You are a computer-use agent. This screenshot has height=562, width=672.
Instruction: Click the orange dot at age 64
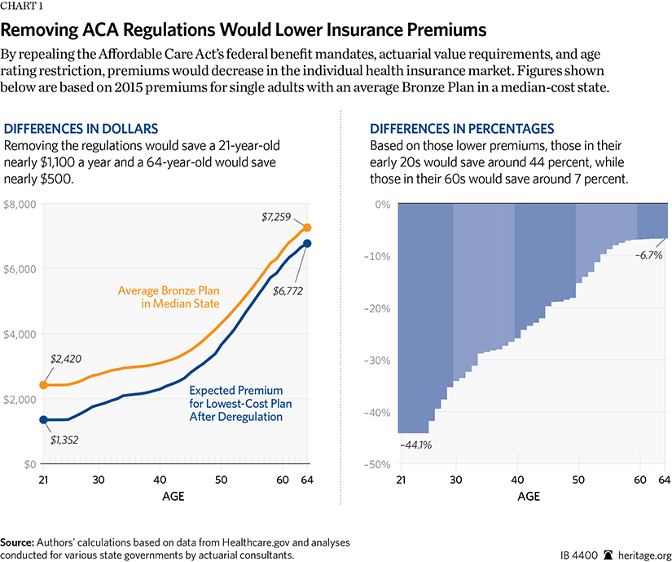306,228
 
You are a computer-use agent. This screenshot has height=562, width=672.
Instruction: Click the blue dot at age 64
306,243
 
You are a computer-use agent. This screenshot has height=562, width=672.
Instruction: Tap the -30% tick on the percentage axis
376,361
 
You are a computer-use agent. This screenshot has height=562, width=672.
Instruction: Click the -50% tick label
376,464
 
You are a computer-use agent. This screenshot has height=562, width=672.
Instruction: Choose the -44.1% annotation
417,445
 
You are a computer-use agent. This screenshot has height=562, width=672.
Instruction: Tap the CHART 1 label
24,7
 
